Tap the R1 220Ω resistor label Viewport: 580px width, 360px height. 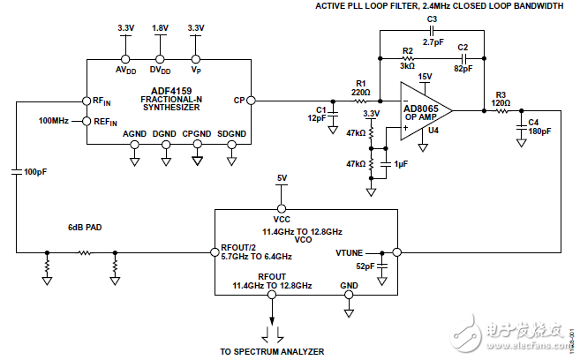click(359, 86)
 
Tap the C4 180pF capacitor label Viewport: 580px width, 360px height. click(539, 127)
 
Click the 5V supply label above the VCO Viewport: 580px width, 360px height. click(282, 178)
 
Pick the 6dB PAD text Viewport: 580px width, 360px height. click(85, 227)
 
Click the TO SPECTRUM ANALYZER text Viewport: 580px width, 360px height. click(271, 351)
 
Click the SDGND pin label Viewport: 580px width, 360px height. click(232, 133)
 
